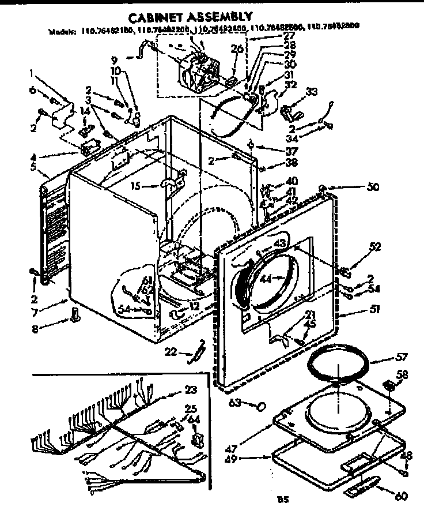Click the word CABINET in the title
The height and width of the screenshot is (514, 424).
click(152, 17)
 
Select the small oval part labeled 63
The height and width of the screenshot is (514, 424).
click(261, 406)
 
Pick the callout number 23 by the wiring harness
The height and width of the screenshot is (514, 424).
click(190, 389)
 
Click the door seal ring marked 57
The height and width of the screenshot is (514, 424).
click(337, 369)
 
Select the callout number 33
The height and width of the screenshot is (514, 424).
click(311, 92)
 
